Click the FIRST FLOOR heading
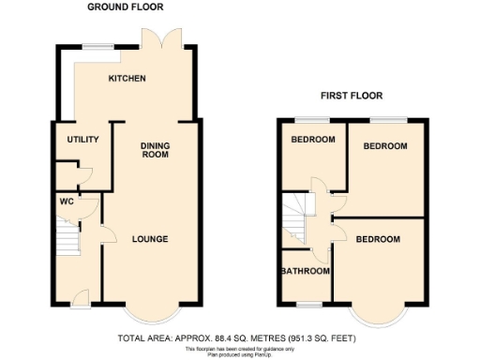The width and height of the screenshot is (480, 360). [x=352, y=96]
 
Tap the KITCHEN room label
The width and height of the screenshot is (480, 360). [x=127, y=79]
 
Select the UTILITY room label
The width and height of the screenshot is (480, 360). [x=82, y=140]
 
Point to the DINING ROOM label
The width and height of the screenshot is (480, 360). [x=155, y=150]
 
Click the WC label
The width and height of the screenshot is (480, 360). [x=67, y=201]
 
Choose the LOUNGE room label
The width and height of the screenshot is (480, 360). [x=149, y=239]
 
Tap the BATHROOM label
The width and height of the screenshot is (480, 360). [x=306, y=272]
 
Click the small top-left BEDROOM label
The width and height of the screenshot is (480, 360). [x=312, y=140]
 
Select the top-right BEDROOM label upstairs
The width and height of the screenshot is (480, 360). [x=385, y=146]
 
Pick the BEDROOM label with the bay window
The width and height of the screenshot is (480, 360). [x=378, y=239]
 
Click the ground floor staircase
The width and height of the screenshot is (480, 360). [x=68, y=238]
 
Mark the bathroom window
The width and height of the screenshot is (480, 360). [x=308, y=305]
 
